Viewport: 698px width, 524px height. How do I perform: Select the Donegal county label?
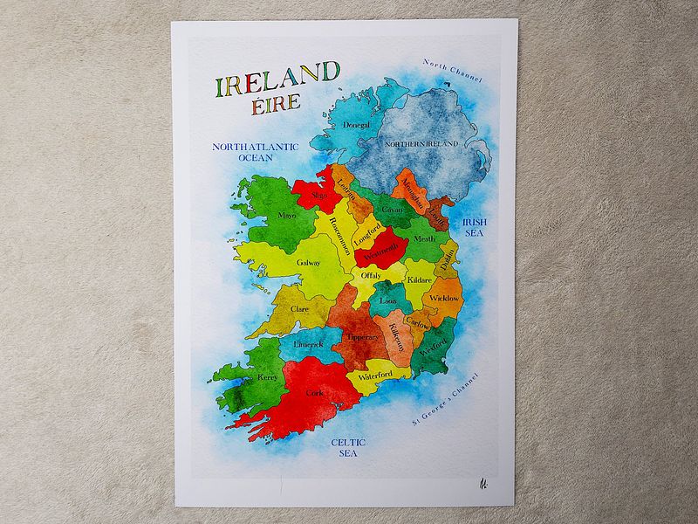357,126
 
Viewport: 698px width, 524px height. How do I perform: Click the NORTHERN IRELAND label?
429,144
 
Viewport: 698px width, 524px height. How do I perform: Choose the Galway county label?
309,262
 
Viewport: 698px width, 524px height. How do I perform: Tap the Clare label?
299,308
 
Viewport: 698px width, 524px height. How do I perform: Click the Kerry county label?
266,377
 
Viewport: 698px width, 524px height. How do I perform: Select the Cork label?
314,394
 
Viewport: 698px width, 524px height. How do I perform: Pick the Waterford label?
375,376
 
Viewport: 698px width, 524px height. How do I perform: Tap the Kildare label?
420,279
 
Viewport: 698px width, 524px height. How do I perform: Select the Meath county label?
424,238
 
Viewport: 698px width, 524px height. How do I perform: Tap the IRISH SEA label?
475,228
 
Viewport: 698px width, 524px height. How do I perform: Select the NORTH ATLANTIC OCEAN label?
256,152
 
